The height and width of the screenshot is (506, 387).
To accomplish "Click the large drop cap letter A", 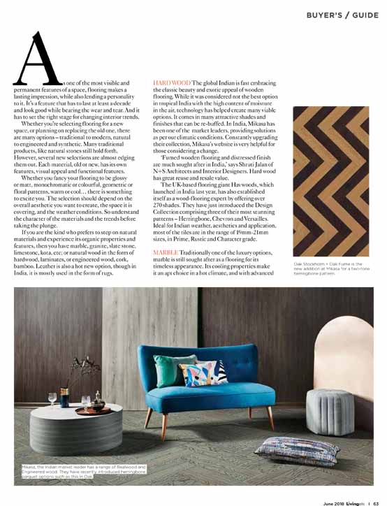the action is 38,59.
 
